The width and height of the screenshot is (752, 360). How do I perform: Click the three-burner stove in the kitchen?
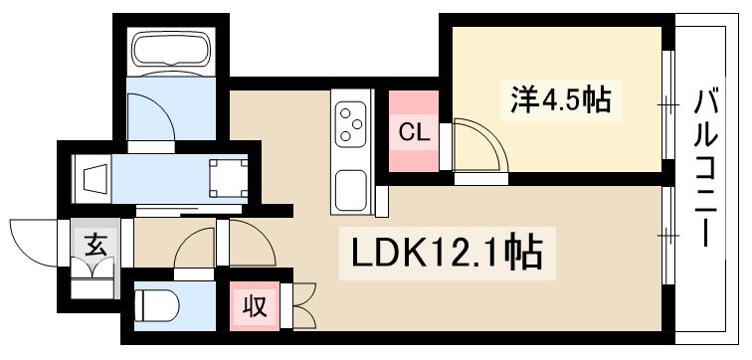pyautogui.click(x=350, y=124)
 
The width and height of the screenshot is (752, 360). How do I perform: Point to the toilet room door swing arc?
pyautogui.click(x=196, y=249)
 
